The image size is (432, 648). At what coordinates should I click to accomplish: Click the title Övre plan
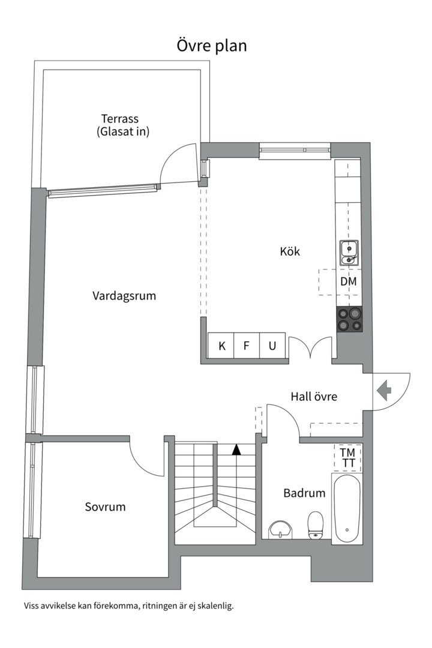(x=212, y=46)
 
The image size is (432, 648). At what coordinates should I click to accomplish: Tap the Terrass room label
(x=120, y=119)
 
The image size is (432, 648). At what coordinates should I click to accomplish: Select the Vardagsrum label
(x=124, y=296)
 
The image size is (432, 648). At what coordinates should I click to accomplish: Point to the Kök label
(x=290, y=251)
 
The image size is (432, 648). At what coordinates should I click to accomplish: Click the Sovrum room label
(x=105, y=506)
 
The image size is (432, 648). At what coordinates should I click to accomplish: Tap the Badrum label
(x=304, y=493)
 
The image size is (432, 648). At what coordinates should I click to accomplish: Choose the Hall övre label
(x=314, y=397)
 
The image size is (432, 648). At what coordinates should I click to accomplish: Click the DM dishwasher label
(x=349, y=281)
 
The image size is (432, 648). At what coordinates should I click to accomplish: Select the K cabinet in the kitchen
(x=221, y=346)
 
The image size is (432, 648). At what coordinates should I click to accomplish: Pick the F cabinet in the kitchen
(x=247, y=346)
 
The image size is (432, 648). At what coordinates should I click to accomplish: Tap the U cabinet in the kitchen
(x=272, y=346)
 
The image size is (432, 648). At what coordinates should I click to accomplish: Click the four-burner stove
(x=349, y=319)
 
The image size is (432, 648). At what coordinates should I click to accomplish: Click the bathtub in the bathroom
(x=347, y=509)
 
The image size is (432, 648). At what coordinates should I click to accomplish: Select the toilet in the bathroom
(x=316, y=525)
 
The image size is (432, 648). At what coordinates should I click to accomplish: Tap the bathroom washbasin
(x=280, y=530)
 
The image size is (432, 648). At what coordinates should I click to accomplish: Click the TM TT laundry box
(x=348, y=458)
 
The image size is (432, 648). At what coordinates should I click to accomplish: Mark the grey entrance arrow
(x=384, y=391)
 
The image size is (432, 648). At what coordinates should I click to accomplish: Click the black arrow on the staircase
(x=236, y=449)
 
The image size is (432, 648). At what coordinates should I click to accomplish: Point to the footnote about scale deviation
(x=129, y=606)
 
